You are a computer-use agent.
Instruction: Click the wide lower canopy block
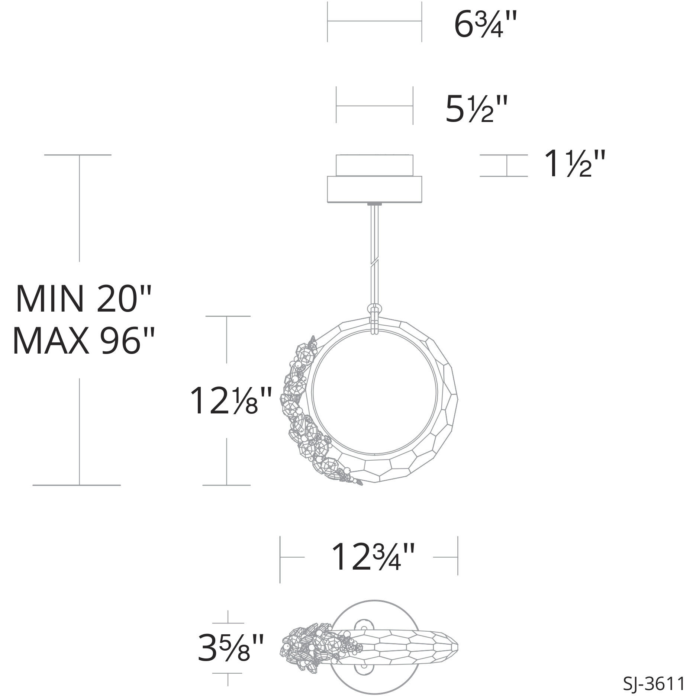374,190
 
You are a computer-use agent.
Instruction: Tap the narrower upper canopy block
374,165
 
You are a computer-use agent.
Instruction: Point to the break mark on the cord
375,262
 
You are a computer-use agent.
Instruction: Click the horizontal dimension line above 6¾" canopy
374,22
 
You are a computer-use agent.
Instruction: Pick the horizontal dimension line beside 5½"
374,106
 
